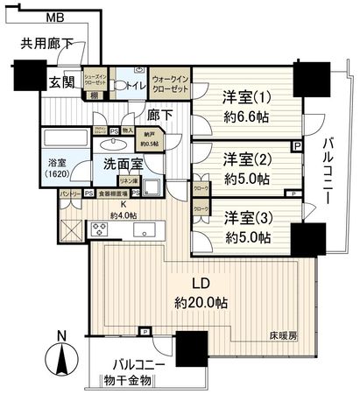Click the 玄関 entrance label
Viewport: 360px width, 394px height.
coord(61,82)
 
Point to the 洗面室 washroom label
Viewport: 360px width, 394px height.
coord(120,163)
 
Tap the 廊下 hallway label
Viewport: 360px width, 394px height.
coord(160,113)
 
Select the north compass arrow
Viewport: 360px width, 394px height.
coord(60,355)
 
